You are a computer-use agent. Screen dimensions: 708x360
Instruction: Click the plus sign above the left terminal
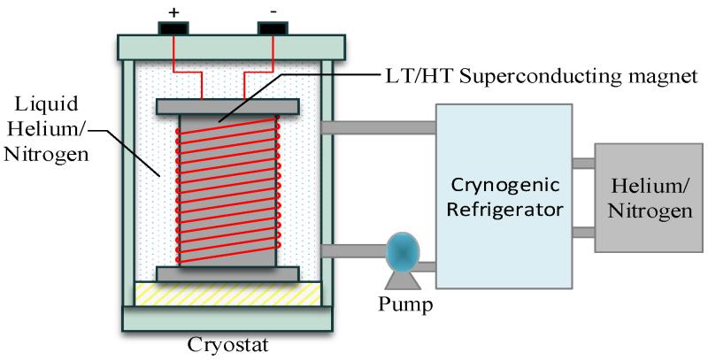(173, 12)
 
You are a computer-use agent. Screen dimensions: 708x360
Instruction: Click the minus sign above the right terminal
(273, 11)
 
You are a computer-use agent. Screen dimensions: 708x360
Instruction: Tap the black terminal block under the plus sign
(173, 28)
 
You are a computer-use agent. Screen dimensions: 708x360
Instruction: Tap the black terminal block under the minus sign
(273, 28)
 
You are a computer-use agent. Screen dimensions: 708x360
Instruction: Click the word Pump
(405, 304)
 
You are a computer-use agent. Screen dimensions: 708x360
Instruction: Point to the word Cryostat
(228, 345)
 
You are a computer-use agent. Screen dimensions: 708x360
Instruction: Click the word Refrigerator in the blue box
(504, 210)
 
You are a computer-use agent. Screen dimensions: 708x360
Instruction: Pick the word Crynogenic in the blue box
(505, 186)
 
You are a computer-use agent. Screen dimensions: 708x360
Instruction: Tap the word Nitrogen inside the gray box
(650, 211)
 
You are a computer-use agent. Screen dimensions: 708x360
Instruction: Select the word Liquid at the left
(47, 104)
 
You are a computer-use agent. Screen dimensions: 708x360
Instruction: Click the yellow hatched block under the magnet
(228, 295)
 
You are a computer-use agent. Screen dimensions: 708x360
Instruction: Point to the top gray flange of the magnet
(227, 106)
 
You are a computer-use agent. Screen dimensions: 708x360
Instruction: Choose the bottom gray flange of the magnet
(227, 274)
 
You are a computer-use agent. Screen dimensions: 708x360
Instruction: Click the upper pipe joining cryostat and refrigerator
(378, 127)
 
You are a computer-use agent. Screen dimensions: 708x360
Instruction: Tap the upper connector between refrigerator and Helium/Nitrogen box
(583, 164)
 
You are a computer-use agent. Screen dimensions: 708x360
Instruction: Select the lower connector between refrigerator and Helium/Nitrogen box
(583, 233)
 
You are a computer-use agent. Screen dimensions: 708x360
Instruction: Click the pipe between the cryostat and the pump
(353, 251)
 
